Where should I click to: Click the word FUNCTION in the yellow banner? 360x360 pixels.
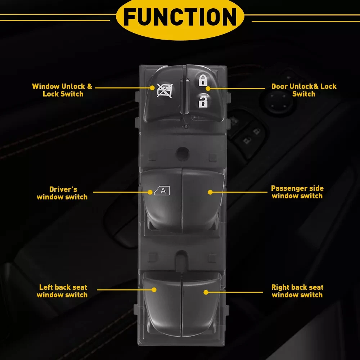pos(180,17)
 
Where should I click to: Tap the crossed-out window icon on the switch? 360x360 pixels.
pos(165,91)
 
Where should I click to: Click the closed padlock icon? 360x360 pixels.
pos(203,80)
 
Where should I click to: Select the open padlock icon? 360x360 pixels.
pos(203,102)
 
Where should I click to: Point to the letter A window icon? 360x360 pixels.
pos(162,191)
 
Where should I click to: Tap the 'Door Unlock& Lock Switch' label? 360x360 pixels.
pos(303,90)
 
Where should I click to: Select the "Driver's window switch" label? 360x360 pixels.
pos(62,193)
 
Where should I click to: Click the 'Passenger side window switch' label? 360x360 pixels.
pos(297,192)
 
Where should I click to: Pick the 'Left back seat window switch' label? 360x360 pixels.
pos(62,291)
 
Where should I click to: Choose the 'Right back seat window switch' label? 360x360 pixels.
pos(297,291)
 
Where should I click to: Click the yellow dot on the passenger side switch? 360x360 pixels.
pos(210,192)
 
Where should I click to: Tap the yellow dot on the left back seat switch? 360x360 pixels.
pos(154,289)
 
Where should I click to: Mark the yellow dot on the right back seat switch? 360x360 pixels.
pos(206,292)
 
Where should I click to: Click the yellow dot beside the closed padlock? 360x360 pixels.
pos(208,88)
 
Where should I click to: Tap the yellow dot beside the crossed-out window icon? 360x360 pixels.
pos(153,87)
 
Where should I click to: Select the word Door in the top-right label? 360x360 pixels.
pos(279,86)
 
